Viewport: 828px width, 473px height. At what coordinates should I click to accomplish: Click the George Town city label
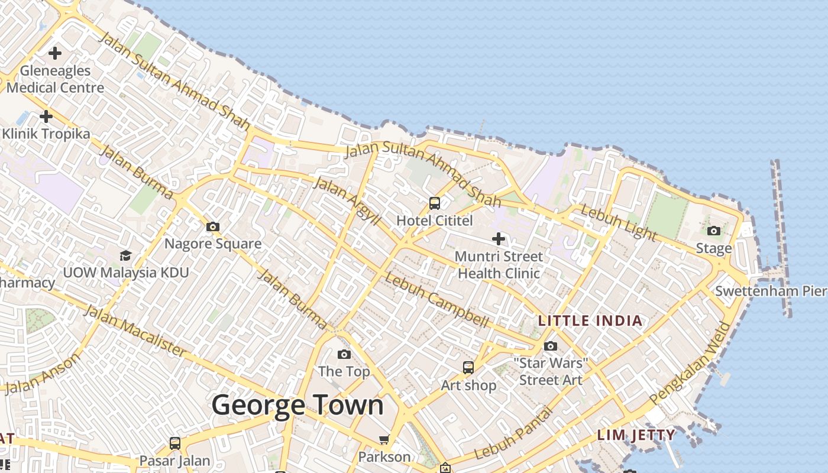[297, 406]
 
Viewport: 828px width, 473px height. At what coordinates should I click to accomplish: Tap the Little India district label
[590, 321]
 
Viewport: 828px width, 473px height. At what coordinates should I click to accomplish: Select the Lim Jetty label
[636, 435]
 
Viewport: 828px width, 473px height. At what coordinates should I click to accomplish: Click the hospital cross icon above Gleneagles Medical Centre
[55, 53]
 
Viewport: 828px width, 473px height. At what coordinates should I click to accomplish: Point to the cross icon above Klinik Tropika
[46, 116]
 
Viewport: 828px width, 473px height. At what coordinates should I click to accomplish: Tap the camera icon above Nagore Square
[213, 226]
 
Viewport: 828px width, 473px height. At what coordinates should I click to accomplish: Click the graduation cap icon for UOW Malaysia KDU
[125, 255]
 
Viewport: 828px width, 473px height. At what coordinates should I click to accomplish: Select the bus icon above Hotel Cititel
[435, 203]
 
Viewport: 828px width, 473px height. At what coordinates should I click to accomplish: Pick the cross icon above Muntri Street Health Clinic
[499, 239]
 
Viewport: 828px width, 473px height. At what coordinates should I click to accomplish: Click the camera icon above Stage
[714, 231]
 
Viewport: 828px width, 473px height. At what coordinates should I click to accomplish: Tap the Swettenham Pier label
[770, 291]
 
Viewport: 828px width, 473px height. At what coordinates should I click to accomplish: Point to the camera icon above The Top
[344, 354]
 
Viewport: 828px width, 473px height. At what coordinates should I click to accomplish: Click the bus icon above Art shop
[468, 368]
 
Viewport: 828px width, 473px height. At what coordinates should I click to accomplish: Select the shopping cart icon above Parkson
[384, 439]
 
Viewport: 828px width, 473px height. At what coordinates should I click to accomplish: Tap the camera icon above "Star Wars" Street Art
[551, 346]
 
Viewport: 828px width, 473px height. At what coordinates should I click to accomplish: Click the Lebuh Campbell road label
[436, 300]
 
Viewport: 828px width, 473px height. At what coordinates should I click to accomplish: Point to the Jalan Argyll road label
[346, 200]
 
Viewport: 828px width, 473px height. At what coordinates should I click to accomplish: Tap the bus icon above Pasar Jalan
[174, 443]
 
